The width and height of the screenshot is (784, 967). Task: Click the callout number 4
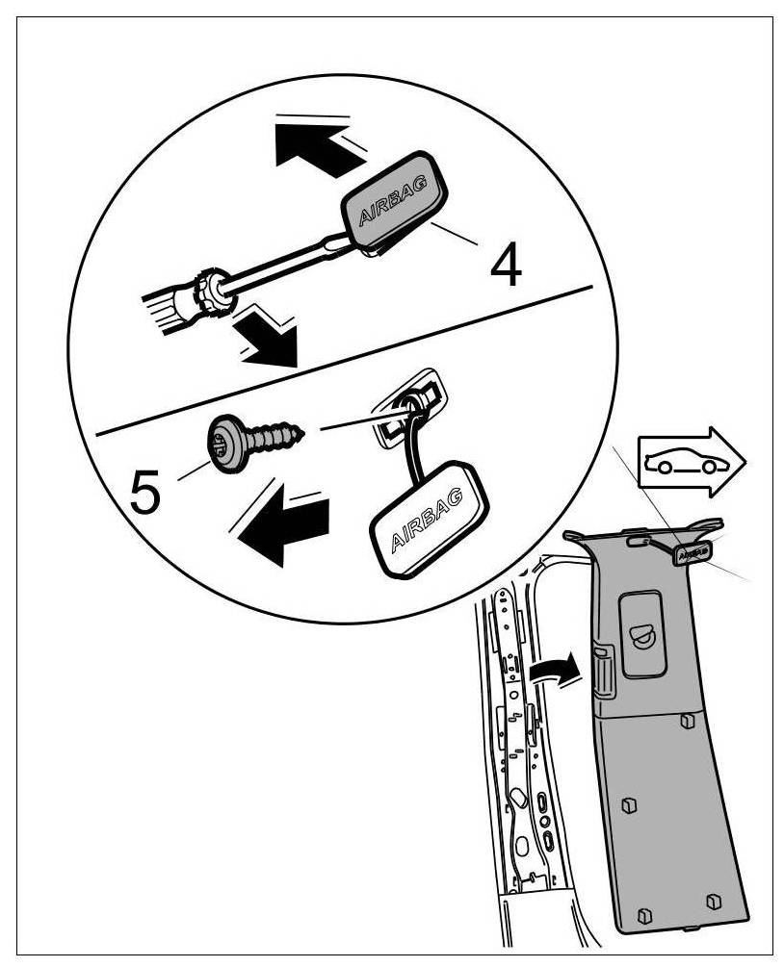point(506,267)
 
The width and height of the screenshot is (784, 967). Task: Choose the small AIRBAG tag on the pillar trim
point(693,553)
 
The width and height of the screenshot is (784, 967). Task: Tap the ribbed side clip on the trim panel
point(602,666)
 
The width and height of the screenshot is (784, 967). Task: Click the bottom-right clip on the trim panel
point(712,901)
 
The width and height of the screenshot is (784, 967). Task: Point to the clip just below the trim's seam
point(686,721)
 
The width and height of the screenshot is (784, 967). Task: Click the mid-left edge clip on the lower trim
point(630,804)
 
